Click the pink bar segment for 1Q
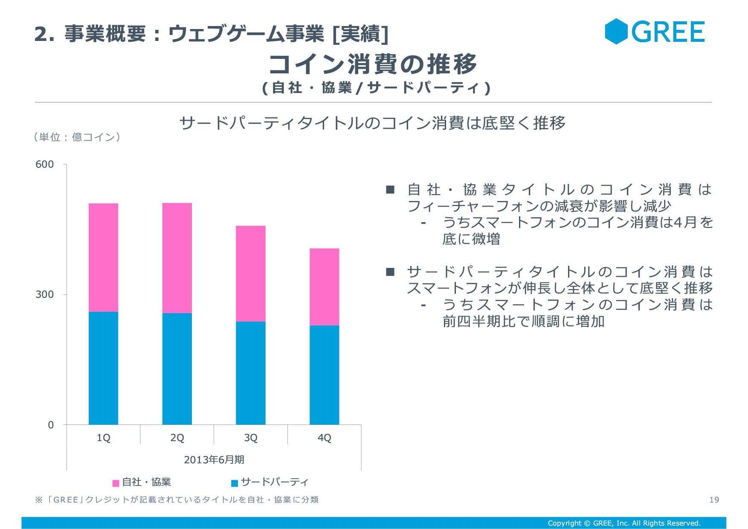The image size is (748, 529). [x=103, y=257]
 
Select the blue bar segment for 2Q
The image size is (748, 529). [x=177, y=369]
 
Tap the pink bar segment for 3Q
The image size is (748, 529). [x=251, y=273]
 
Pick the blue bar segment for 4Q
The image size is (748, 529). [x=325, y=375]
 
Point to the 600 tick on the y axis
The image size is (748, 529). [x=44, y=164]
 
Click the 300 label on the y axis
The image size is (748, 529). [x=44, y=294]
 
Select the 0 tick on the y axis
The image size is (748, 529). [x=51, y=425]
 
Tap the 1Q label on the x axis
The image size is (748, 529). [x=103, y=438]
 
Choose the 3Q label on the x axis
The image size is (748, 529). [x=251, y=438]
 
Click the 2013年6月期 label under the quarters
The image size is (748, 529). [x=214, y=459]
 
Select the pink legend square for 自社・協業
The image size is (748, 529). [x=116, y=483]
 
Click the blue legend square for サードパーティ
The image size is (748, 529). [x=235, y=483]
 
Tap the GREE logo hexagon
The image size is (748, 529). [x=616, y=31]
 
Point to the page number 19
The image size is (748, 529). [x=714, y=500]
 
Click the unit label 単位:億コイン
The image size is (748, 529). [x=77, y=137]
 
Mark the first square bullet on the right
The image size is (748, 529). [x=390, y=189]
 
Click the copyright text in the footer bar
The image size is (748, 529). [x=624, y=523]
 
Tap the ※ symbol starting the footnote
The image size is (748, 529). [x=39, y=500]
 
